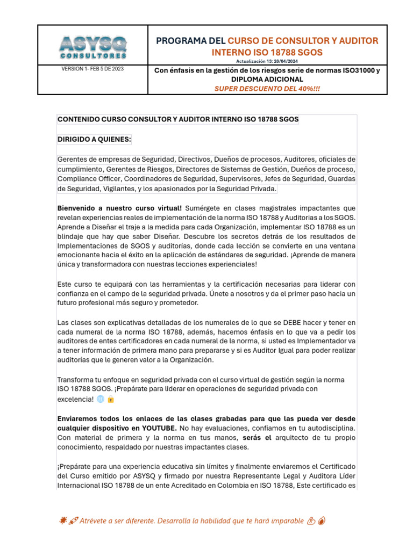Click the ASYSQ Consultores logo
click(92, 47)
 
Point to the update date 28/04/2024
click(280, 62)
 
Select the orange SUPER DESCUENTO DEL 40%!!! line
click(267, 88)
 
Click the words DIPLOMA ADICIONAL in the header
click(267, 79)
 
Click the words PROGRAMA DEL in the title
click(191, 41)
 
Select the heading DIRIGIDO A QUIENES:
click(94, 140)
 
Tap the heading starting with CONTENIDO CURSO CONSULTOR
click(177, 119)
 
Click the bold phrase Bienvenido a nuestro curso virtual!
click(119, 208)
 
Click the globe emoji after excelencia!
click(101, 399)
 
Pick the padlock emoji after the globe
click(111, 399)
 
